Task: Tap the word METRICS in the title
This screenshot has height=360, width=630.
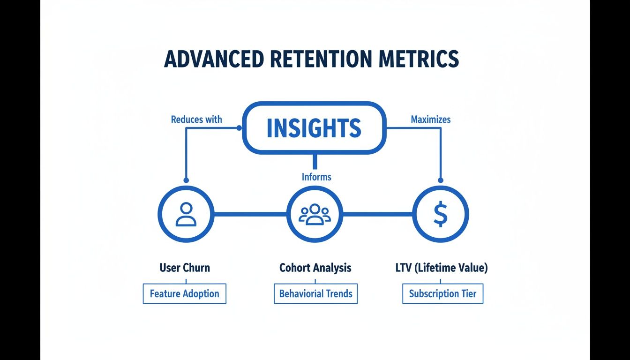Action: coord(420,60)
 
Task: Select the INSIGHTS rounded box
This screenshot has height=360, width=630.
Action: coord(314,127)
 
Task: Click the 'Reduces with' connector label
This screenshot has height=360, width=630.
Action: coord(196,120)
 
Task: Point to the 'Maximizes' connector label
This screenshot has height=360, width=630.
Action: coord(430,120)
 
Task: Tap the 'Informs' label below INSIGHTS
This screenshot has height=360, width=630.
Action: coord(316,177)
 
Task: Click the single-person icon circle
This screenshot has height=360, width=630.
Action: coord(186,214)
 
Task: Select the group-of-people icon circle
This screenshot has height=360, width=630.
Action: coord(315,214)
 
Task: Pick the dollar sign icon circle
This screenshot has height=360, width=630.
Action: coord(440,214)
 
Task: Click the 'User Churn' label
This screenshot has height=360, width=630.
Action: coord(185,268)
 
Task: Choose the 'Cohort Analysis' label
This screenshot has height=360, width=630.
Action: coord(315,268)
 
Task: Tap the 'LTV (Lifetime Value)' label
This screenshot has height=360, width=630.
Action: coord(442,268)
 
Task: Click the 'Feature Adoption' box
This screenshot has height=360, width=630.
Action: coord(185,294)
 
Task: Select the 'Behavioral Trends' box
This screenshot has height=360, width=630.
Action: coord(315,294)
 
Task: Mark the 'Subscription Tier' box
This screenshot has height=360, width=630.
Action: coord(442,294)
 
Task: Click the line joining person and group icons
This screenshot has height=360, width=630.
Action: coord(250,214)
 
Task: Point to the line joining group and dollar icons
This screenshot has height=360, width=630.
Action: coord(377,214)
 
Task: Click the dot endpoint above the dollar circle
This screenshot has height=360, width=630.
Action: coord(440,180)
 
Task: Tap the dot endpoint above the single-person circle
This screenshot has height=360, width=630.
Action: coord(186,180)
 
